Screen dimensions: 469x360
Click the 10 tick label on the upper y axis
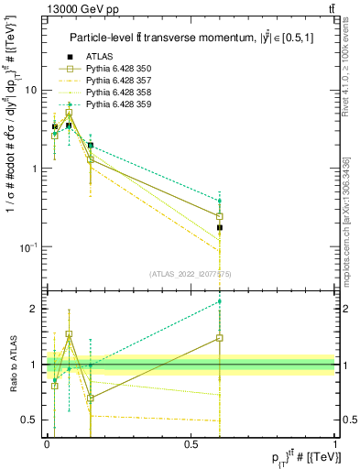pos(30,90)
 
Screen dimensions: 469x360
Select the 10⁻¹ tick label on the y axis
pos(28,247)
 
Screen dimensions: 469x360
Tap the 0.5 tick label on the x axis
pos(191,443)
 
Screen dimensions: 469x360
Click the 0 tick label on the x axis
pos(47,443)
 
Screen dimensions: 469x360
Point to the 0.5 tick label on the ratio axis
pos(29,420)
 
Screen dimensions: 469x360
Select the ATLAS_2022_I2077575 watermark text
pos(191,274)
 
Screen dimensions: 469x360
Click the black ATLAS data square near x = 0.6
pos(219,227)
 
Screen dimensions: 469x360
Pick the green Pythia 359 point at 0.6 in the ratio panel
pos(219,301)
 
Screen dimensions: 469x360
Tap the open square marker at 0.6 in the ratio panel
pos(219,338)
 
